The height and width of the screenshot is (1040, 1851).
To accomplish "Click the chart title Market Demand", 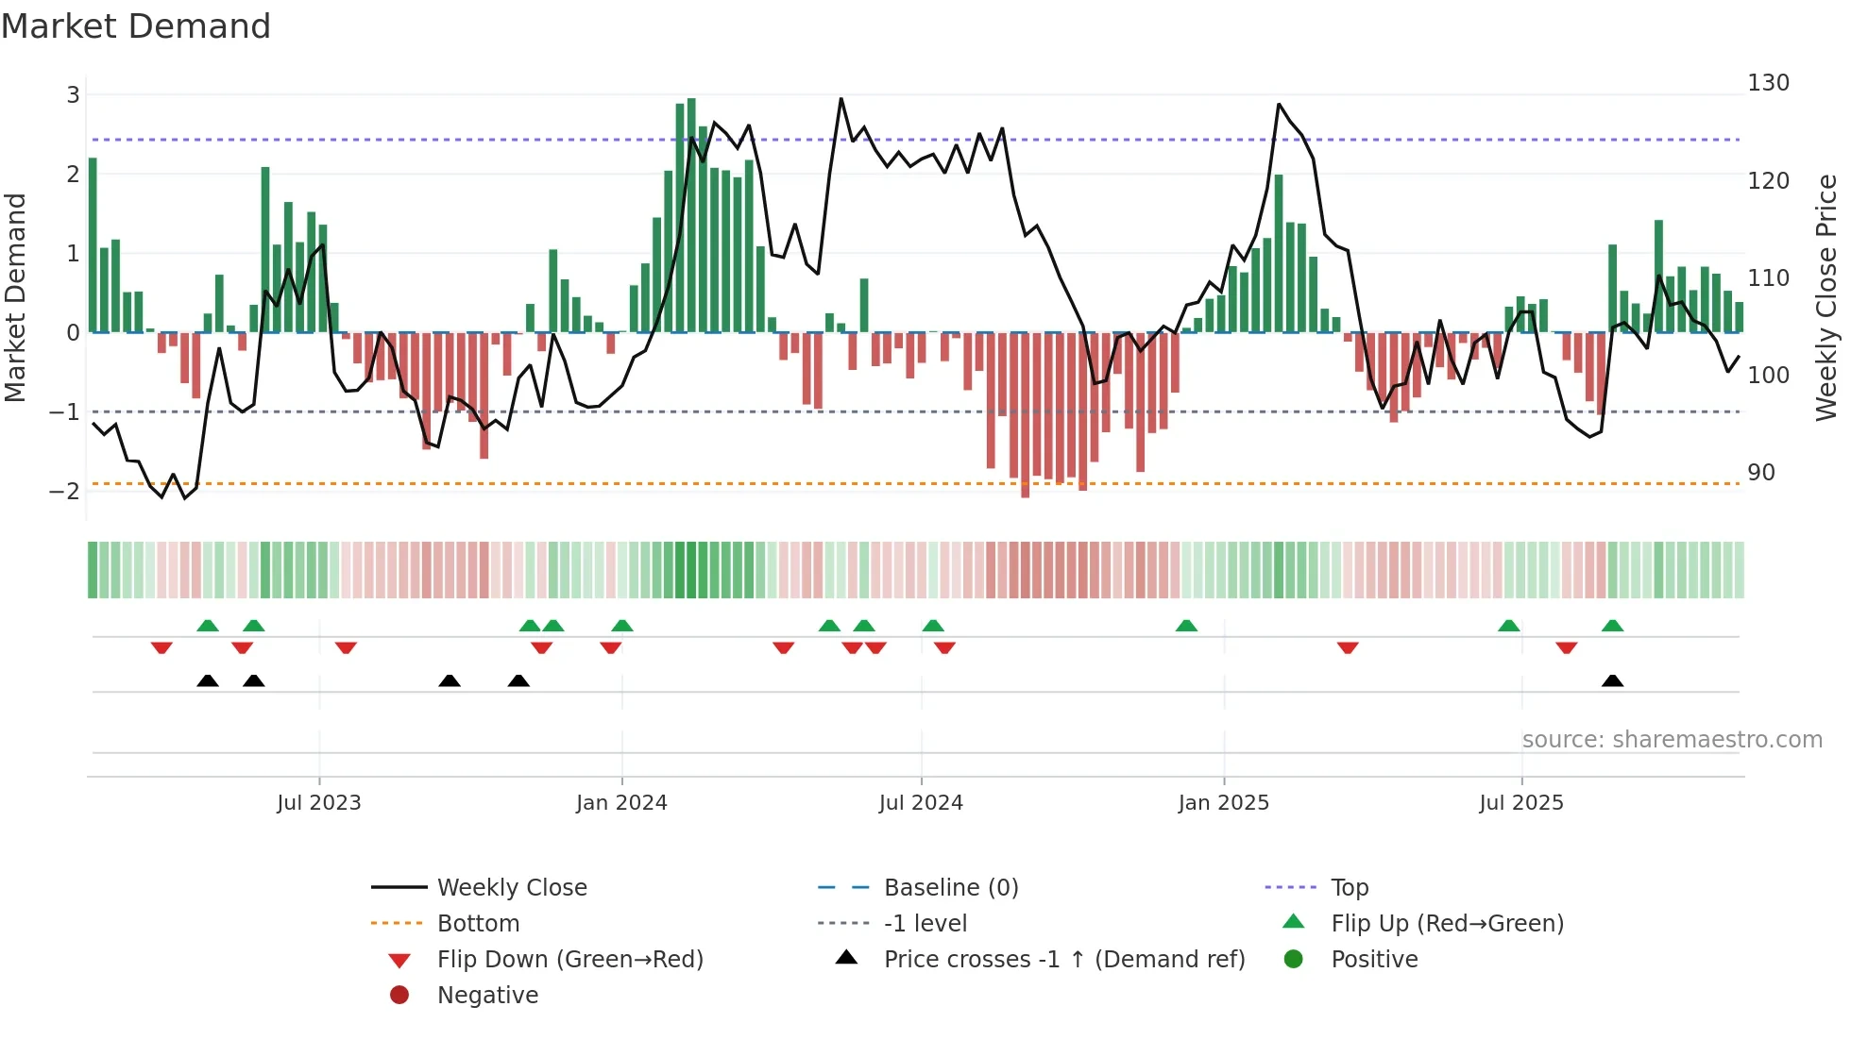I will pos(136,26).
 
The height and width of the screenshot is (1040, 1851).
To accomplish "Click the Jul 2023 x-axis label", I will pos(318,803).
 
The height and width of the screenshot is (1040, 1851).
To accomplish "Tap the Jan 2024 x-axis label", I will pos(621,803).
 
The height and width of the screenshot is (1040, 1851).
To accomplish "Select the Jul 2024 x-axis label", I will pos(921,803).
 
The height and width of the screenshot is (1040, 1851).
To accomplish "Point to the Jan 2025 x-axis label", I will pos(1223,803).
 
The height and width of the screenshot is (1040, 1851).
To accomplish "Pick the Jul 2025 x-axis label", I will pos(1521,803).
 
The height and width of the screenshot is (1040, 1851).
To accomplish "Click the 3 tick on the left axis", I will pos(73,95).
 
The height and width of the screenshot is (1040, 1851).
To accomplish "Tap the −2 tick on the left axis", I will pos(65,492).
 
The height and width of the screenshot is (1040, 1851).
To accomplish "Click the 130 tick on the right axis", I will pos(1768,83).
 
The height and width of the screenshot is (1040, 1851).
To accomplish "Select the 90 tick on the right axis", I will pos(1760,473).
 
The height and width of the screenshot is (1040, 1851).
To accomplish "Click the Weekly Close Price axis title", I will pos(1826,297).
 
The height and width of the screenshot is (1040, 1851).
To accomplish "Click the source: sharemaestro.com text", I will pos(1672,740).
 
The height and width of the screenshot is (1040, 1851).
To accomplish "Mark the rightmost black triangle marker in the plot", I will pos(1612,680).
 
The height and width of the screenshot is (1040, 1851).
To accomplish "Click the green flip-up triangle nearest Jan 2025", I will pos(1186,626).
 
